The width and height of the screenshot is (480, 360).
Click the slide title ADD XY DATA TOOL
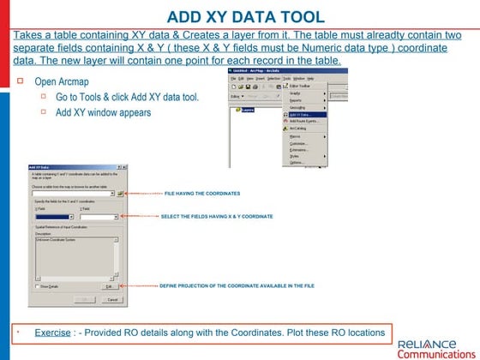(x=245, y=16)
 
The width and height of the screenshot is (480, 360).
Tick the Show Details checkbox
(x=35, y=286)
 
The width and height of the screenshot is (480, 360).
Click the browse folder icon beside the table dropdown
(x=121, y=195)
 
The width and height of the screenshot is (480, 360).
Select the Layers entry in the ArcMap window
(x=249, y=110)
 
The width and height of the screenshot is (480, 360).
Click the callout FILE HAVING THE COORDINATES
(x=202, y=194)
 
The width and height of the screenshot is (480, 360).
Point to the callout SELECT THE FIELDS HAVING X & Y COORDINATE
(x=217, y=217)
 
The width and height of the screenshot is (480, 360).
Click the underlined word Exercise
(x=52, y=332)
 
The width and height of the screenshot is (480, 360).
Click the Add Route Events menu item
(x=303, y=121)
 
